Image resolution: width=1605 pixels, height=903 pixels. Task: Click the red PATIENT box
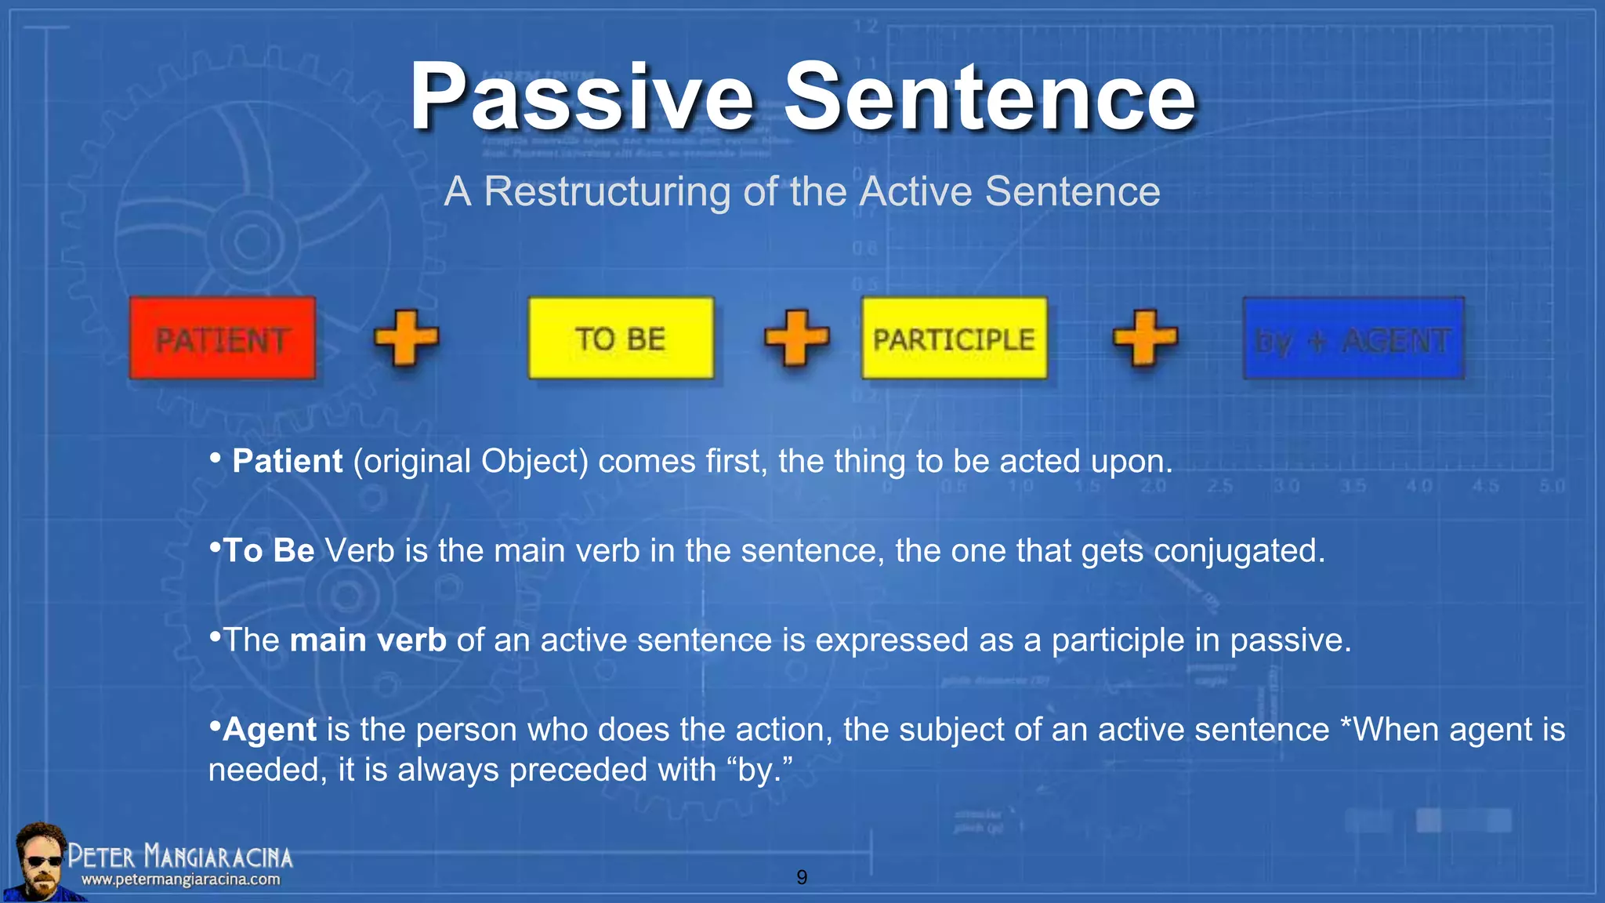[x=223, y=339]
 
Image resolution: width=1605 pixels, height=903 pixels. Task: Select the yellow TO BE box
[x=621, y=339]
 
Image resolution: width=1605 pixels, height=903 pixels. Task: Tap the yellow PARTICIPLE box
[x=954, y=339]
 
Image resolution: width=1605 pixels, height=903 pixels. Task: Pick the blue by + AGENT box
[x=1353, y=339]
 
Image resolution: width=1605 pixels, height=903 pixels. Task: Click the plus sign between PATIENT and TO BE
[x=406, y=338]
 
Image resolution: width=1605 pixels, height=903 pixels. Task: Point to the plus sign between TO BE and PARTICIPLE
[x=796, y=338]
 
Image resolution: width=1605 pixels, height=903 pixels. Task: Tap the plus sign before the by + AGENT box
[x=1145, y=338]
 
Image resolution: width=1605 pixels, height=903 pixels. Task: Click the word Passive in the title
[x=581, y=97]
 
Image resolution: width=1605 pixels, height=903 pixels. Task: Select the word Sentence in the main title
[x=989, y=97]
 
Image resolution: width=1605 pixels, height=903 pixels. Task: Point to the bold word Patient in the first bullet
[x=287, y=461]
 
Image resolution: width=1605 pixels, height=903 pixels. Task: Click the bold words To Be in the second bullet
[x=268, y=550]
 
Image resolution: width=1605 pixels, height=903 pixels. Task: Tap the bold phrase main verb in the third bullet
[x=368, y=640]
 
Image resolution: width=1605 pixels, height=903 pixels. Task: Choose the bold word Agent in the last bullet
[x=269, y=730]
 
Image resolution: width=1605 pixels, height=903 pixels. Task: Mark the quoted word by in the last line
[x=756, y=770]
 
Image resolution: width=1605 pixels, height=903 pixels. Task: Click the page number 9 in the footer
[x=801, y=877]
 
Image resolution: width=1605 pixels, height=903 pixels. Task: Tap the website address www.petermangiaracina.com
[x=180, y=879]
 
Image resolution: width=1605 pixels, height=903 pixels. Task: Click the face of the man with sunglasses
[x=41, y=860]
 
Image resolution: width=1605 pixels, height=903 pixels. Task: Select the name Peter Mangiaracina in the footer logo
[x=179, y=856]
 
